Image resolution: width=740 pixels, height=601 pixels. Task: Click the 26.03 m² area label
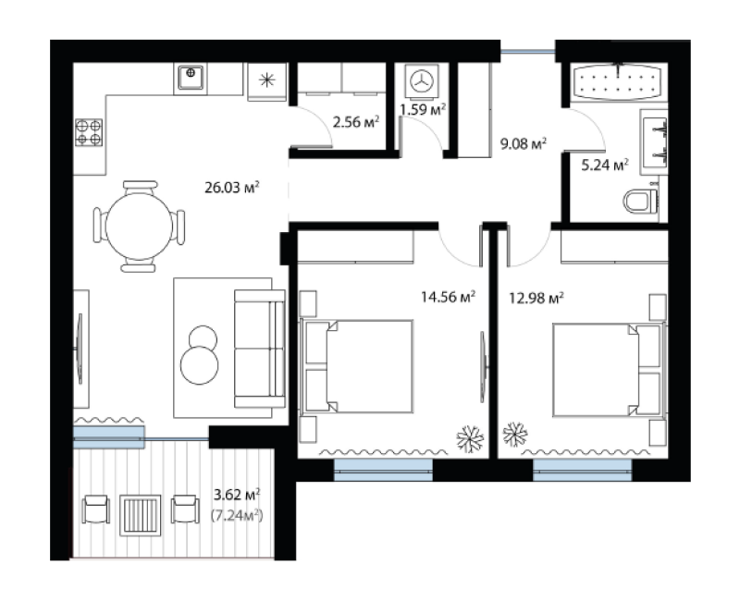click(x=232, y=188)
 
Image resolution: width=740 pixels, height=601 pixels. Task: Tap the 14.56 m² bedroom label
click(x=448, y=297)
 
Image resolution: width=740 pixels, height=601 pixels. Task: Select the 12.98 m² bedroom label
click(x=536, y=298)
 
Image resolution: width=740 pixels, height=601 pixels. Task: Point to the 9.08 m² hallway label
click(x=524, y=143)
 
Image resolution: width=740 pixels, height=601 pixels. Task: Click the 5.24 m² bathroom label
click(x=605, y=166)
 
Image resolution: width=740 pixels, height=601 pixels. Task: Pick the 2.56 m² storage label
click(x=356, y=123)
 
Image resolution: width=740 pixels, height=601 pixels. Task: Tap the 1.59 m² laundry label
click(x=423, y=110)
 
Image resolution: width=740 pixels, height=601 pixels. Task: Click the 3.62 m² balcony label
click(x=237, y=496)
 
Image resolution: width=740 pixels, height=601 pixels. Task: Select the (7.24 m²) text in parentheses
click(x=237, y=516)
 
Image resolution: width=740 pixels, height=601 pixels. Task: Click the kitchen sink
click(x=191, y=78)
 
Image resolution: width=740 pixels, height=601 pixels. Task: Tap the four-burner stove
click(x=89, y=132)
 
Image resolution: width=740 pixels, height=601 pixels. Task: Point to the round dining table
click(x=139, y=227)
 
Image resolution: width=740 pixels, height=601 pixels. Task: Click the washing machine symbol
click(x=421, y=80)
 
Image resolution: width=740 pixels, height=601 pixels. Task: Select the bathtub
click(x=619, y=81)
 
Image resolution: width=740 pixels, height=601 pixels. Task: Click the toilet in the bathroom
click(x=641, y=202)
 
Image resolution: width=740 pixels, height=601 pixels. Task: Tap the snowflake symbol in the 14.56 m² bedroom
click(x=470, y=439)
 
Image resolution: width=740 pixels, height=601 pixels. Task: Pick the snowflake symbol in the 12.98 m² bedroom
click(x=515, y=434)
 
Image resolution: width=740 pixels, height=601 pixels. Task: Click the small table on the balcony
click(x=141, y=515)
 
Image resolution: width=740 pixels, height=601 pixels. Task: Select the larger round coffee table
click(x=200, y=365)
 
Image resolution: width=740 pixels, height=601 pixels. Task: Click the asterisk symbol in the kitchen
click(x=267, y=80)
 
